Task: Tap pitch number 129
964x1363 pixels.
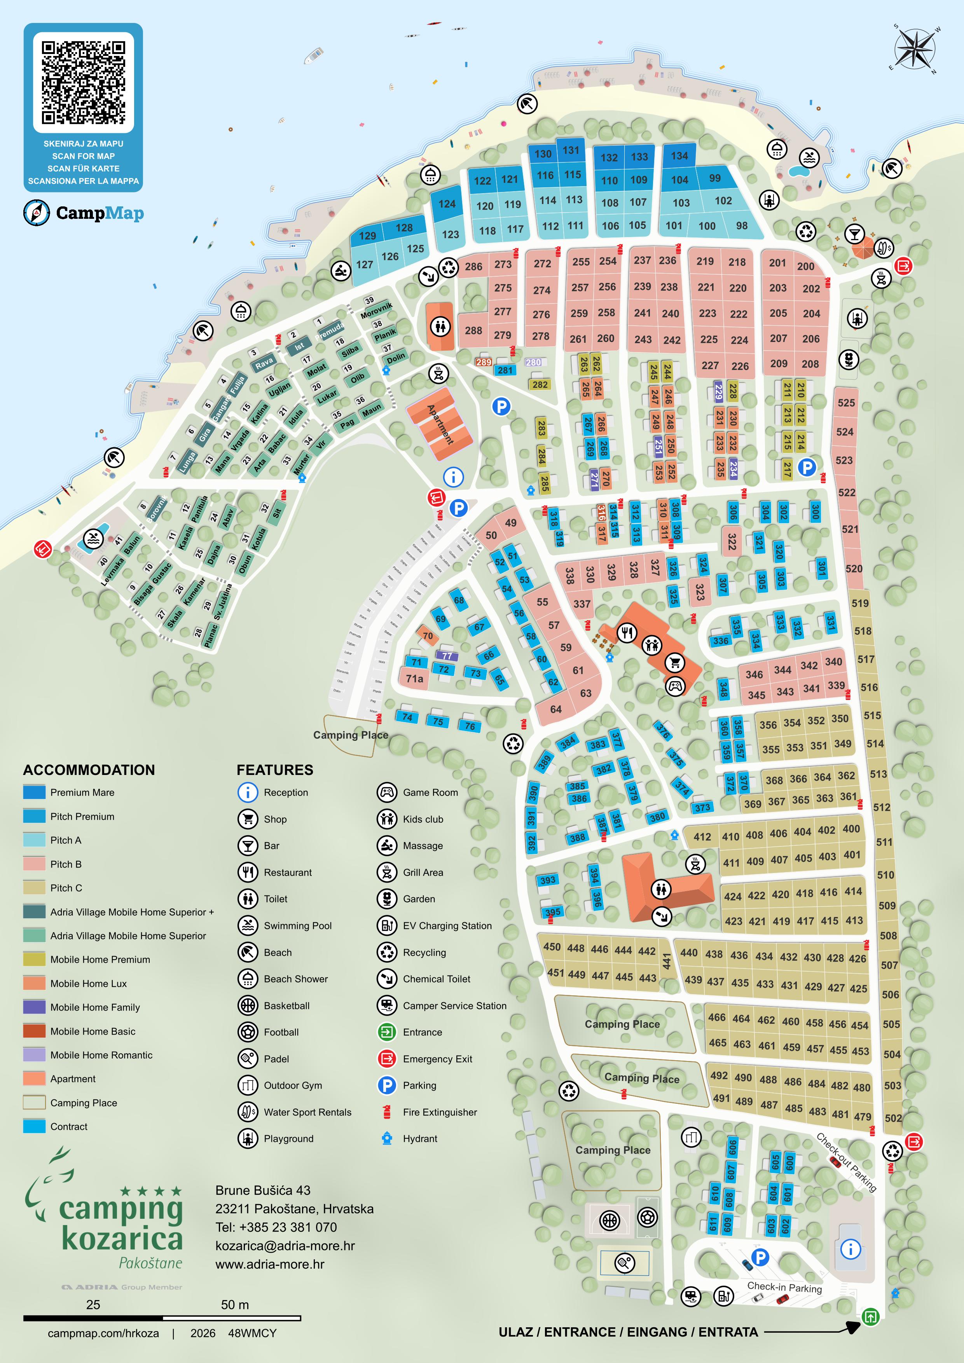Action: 367,236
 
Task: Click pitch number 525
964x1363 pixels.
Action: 846,403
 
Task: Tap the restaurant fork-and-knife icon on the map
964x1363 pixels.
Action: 626,633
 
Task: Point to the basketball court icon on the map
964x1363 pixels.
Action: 609,1220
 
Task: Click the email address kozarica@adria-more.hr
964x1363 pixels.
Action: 285,1246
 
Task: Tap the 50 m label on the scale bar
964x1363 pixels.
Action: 235,1305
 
